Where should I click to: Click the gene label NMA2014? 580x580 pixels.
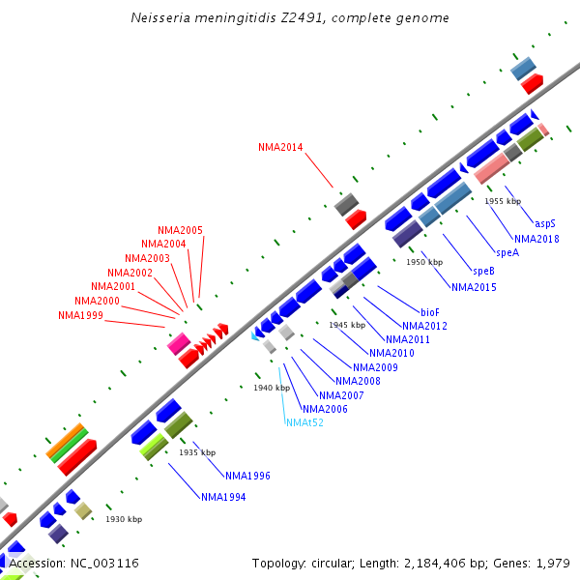(x=280, y=148)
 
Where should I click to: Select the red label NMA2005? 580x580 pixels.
(x=180, y=230)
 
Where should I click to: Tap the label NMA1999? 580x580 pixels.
(x=80, y=315)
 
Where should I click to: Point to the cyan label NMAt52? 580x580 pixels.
(x=304, y=422)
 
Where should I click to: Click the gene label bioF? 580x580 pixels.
(x=430, y=312)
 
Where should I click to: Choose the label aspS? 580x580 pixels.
(x=545, y=223)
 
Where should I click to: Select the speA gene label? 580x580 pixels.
(x=508, y=252)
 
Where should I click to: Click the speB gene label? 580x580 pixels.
(x=483, y=271)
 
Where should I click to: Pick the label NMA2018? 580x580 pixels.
(x=536, y=239)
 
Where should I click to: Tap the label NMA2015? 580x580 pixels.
(x=474, y=287)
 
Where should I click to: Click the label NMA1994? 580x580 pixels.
(x=223, y=497)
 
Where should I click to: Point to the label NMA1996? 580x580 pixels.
(x=247, y=476)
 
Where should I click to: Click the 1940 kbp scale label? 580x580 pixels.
(x=272, y=388)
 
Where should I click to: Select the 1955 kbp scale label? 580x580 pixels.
(x=503, y=201)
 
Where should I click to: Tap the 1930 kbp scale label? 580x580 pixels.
(x=124, y=520)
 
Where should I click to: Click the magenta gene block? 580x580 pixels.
(x=178, y=343)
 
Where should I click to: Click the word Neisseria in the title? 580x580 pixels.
(x=159, y=18)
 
